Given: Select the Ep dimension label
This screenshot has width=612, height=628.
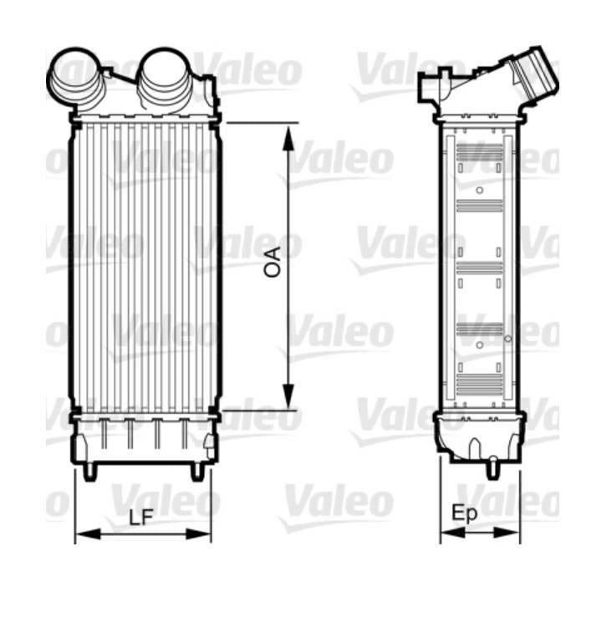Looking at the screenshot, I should (x=465, y=513).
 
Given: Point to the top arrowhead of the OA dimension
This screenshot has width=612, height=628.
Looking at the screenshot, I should (x=288, y=136).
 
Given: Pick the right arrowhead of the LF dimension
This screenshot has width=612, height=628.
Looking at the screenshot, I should (x=203, y=533).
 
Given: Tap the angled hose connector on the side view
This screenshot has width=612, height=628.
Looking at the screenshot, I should (x=532, y=76).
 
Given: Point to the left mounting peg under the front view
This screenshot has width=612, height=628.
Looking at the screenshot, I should (x=90, y=471).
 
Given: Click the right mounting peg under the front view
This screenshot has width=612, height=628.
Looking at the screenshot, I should (x=197, y=471).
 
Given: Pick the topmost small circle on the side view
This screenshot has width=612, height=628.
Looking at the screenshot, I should (x=479, y=190).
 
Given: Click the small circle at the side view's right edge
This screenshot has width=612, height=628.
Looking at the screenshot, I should (x=508, y=338).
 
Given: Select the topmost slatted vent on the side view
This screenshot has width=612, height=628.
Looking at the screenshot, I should (x=480, y=153).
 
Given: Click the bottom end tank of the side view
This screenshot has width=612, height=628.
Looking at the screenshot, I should (x=479, y=437).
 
